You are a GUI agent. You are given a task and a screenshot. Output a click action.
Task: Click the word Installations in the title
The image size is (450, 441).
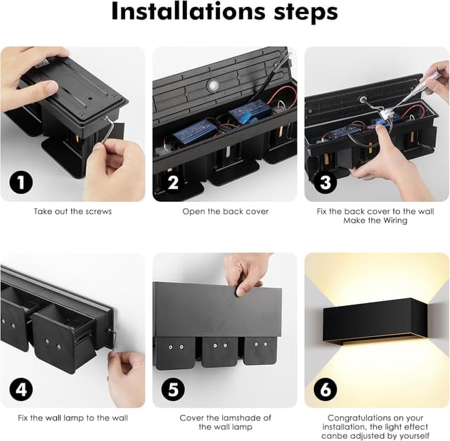click(x=188, y=11)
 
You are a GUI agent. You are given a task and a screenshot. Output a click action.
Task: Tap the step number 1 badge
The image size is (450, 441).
click(x=21, y=182)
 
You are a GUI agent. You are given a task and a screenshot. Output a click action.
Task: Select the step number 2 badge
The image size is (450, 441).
click(x=173, y=182)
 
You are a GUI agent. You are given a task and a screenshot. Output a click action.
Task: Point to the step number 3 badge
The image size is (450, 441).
click(x=325, y=182)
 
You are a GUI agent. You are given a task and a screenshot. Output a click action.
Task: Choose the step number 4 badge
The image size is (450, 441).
click(x=21, y=390)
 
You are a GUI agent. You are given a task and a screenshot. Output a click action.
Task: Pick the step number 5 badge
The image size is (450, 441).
click(x=173, y=390)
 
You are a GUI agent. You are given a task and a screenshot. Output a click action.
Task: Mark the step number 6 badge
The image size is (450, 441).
click(x=325, y=390)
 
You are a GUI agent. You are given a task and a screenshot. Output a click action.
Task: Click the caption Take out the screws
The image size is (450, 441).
click(x=72, y=211)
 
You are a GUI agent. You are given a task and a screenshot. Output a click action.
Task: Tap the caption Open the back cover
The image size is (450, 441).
click(x=225, y=212)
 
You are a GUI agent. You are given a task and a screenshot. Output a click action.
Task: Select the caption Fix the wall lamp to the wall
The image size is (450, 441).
click(x=72, y=418)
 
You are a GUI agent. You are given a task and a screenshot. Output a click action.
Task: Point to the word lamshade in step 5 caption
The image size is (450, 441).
click(x=232, y=418)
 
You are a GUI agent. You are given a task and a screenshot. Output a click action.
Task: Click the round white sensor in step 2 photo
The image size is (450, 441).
click(x=212, y=85)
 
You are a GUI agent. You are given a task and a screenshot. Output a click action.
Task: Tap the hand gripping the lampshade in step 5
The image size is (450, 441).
click(x=245, y=273)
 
